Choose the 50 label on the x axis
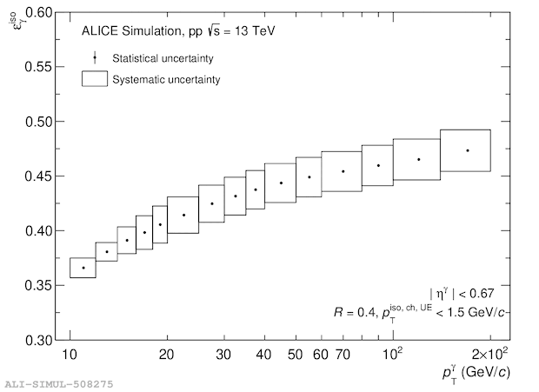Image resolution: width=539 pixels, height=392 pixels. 296,355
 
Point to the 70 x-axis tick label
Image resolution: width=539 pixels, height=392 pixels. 343,355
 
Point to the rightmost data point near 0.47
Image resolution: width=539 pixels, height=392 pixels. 468,150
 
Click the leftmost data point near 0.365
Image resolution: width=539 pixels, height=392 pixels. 83,268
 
